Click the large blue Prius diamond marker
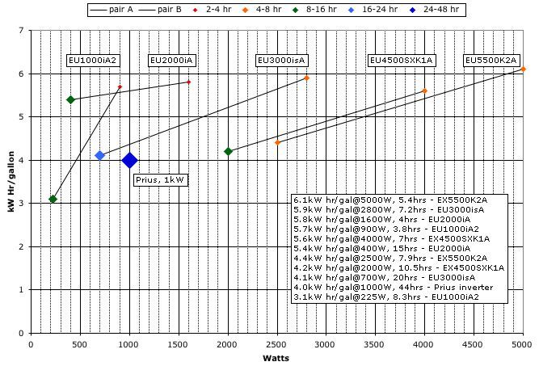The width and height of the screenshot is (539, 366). (x=129, y=161)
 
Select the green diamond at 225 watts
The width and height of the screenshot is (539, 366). (x=53, y=199)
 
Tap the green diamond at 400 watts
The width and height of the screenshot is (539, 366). (x=70, y=99)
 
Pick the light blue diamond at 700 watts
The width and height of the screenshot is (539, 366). (x=99, y=155)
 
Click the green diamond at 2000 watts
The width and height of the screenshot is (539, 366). (x=228, y=151)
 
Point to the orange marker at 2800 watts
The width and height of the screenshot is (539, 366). (x=306, y=78)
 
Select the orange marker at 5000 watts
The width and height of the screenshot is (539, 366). (x=523, y=69)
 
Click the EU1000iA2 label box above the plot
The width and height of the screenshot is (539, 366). (x=92, y=61)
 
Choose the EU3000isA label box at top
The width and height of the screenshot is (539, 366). (x=281, y=61)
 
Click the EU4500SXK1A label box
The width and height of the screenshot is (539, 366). (x=402, y=61)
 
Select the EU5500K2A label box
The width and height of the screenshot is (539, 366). (x=491, y=61)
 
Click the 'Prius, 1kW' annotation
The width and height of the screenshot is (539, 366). (x=160, y=180)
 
